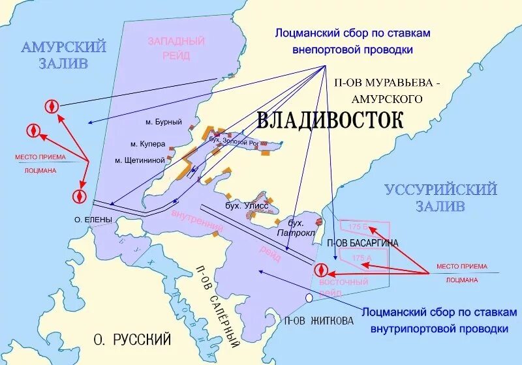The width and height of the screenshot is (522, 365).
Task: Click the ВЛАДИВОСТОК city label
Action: pos(330,120)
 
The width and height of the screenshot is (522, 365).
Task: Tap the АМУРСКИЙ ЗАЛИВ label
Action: pos(63,55)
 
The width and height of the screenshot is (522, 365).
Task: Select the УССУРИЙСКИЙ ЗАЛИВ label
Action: pos(440,197)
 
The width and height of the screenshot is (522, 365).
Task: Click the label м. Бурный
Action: pos(163,122)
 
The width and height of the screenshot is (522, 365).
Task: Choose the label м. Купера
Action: pos(147,143)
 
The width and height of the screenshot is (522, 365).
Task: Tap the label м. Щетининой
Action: pos(140,160)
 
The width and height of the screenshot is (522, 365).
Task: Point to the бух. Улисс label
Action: pos(243,206)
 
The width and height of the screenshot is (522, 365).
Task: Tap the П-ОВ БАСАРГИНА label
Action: pos(363,242)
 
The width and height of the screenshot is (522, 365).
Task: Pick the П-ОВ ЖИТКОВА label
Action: pos(319,320)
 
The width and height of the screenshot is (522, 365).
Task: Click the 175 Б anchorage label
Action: pos(359,227)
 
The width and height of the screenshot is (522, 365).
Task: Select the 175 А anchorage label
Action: pos(361,259)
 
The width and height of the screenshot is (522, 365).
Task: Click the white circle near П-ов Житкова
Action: pos(309,297)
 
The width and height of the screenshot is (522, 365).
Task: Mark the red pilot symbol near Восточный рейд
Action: pos(320,270)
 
